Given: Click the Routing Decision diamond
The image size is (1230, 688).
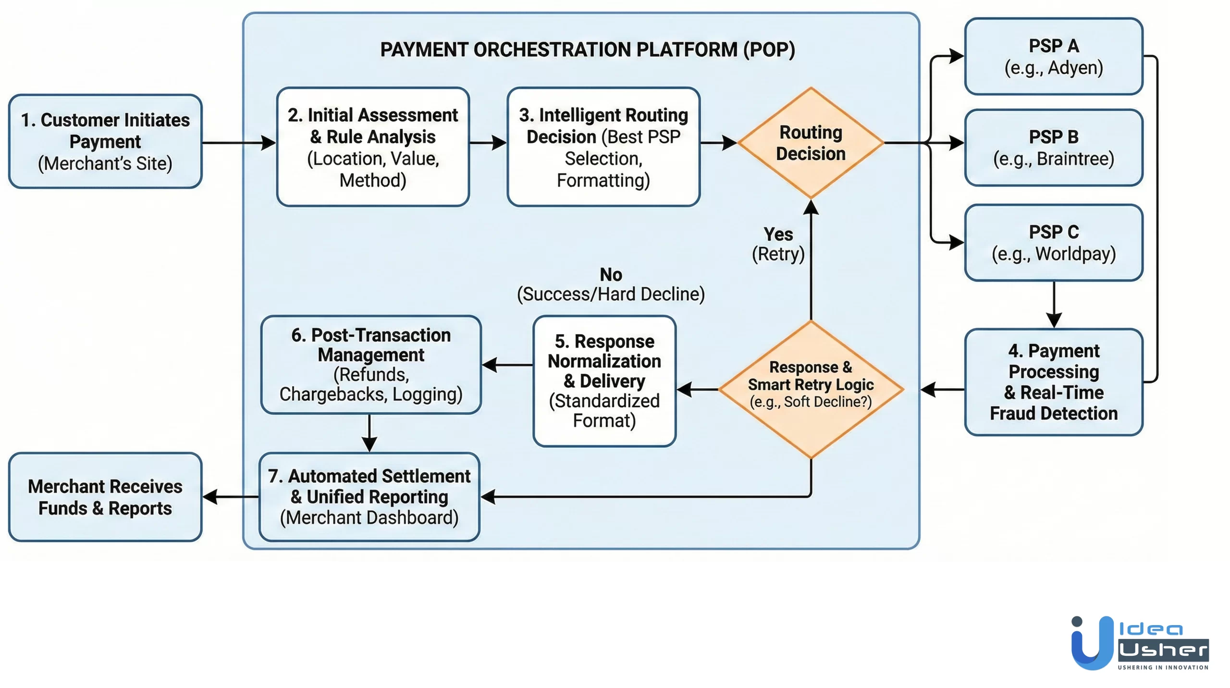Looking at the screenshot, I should tap(811, 143).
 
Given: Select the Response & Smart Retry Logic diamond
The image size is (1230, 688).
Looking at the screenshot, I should tap(811, 389).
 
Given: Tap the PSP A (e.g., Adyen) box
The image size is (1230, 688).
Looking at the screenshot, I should tap(1053, 56).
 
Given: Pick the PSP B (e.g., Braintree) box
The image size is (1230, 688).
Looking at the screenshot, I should tap(1053, 147).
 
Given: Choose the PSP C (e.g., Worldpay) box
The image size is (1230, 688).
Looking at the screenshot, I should tap(1053, 243).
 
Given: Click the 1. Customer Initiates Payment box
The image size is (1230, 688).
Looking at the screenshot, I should tap(105, 141).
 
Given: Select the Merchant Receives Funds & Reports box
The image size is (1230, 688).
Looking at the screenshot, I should tap(105, 497).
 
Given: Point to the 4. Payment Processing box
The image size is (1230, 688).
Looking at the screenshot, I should tap(1053, 382).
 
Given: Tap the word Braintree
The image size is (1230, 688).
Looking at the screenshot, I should tap(1075, 159).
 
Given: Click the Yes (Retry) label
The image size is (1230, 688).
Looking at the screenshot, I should tap(778, 244).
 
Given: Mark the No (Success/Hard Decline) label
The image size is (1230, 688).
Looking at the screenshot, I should tap(611, 284).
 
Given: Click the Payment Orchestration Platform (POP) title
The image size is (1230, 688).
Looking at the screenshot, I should tap(587, 49).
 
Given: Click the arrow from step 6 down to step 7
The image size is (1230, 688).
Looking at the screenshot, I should tap(369, 432).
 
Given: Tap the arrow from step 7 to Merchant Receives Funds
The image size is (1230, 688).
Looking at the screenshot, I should tap(230, 497).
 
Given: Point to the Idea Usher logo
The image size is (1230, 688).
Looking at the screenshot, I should tap(1139, 643).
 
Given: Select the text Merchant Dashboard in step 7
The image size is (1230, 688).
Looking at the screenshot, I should tap(369, 517).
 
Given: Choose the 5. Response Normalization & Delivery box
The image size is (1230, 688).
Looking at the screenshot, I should tap(604, 381).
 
